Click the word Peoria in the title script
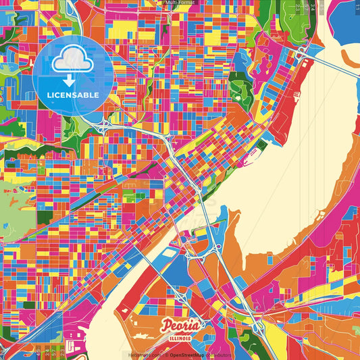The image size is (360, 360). [180, 326]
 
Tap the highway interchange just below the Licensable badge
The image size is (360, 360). [105, 126]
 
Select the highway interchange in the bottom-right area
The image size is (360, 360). [258, 326]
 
